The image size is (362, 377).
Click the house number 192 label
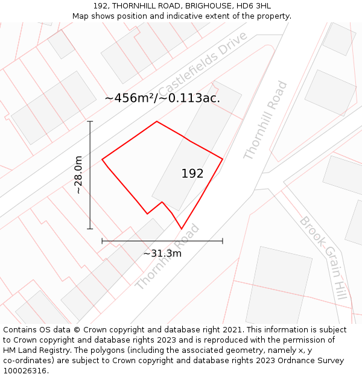coord(192,174)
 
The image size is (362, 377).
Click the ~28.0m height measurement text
coord(78,175)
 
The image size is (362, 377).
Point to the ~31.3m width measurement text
coord(162,253)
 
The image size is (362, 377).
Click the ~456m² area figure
coord(129,98)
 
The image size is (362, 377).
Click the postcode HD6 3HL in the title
coord(255,6)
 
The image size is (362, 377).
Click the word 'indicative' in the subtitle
coord(185,16)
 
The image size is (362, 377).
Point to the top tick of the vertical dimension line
coord(90,122)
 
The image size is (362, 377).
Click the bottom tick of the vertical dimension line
coord(90,229)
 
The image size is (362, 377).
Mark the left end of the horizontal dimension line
coord(102,241)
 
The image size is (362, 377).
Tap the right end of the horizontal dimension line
coord(223,241)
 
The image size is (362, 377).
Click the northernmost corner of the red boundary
coord(157,122)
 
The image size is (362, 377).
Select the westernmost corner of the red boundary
coord(102,159)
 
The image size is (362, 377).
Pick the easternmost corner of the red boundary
coord(223,159)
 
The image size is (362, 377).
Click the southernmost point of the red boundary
coord(182,229)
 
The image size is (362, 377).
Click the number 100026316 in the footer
coord(24,371)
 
